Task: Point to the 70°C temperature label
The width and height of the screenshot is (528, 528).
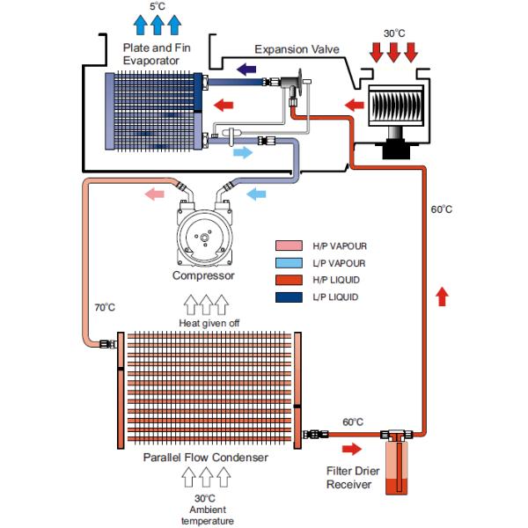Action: click(105, 308)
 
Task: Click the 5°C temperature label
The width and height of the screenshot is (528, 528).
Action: click(158, 6)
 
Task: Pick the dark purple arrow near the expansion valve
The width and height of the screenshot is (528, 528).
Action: click(247, 68)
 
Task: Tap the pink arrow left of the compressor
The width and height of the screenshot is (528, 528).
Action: click(155, 193)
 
